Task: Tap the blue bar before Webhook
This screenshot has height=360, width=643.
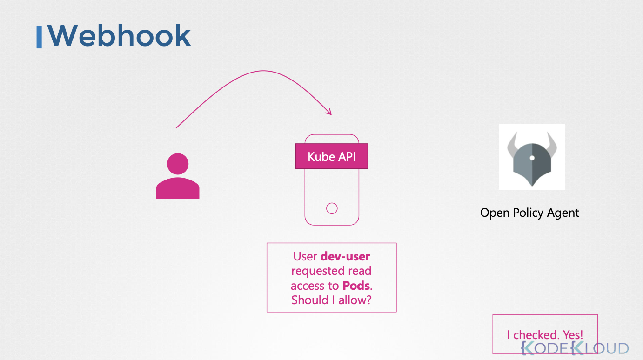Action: pos(39,37)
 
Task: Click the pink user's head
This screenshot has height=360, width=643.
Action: pos(178,164)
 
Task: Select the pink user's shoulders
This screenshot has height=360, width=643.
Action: pos(178,188)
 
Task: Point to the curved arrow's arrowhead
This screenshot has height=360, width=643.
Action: pos(330,112)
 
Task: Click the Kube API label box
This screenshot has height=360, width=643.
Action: pos(332,156)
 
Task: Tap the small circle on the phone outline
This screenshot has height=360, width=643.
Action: pos(332,208)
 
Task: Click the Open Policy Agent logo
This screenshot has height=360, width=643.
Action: pos(532,157)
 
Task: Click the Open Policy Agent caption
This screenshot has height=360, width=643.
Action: pos(529,213)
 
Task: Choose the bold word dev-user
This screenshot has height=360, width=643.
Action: pos(345,256)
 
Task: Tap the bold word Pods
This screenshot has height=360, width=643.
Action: pos(356,286)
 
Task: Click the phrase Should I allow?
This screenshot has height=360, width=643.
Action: pos(331,300)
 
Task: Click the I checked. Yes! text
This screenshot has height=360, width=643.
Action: pos(545,334)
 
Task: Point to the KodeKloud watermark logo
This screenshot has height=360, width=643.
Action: pos(575,348)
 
